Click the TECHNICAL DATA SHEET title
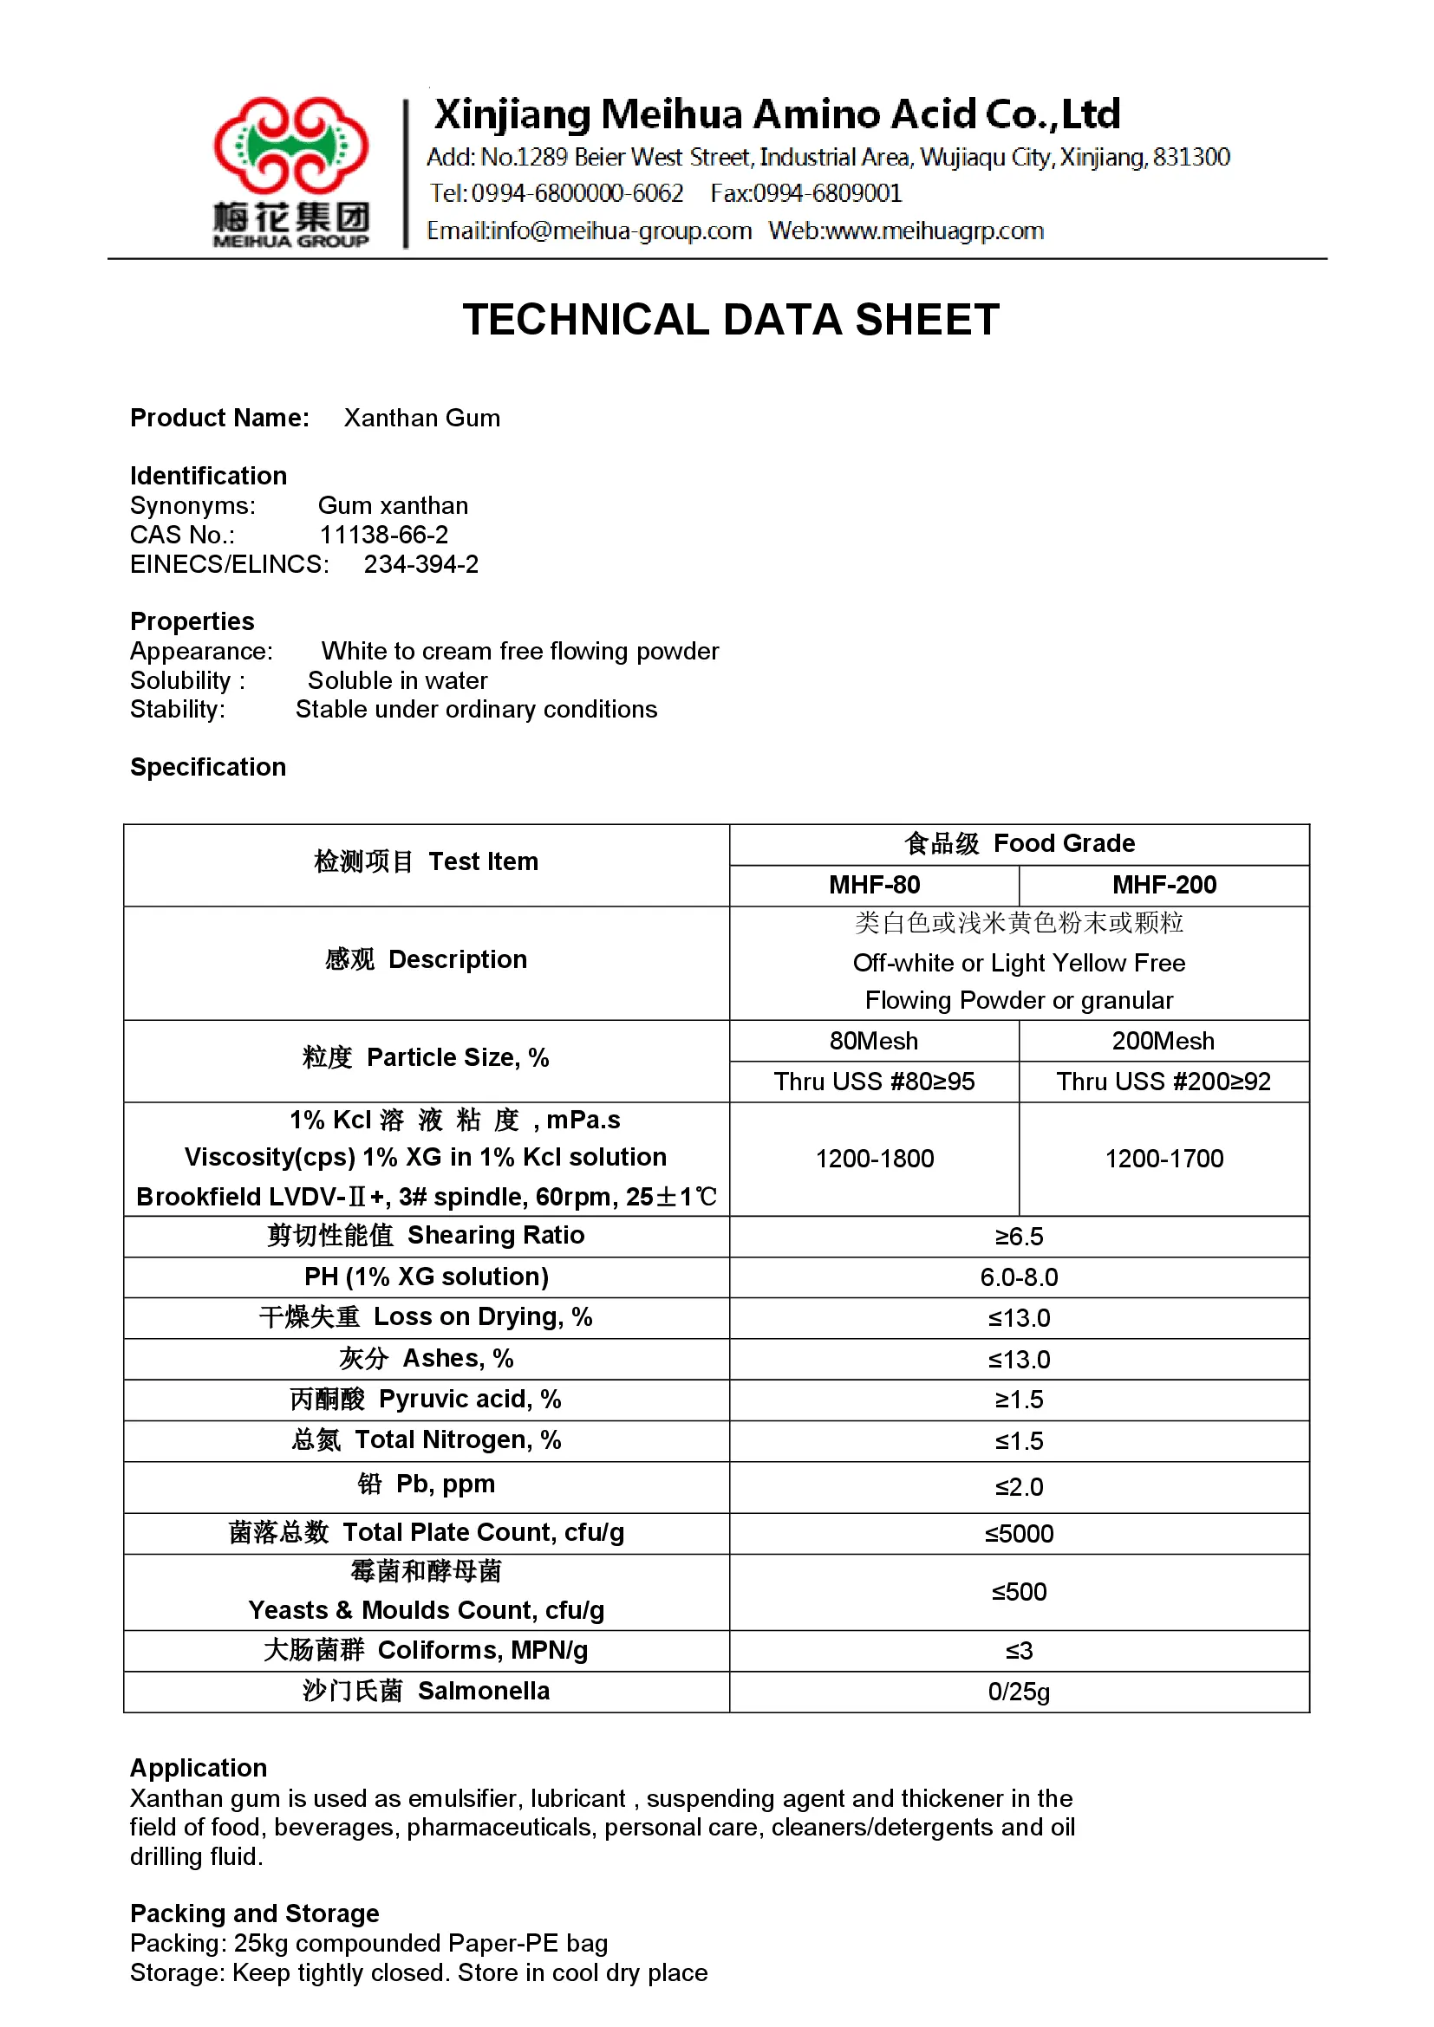(730, 320)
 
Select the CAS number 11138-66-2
(383, 535)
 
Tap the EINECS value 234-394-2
(420, 564)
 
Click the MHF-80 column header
(873, 885)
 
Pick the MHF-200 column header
(1163, 885)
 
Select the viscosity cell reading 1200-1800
(873, 1159)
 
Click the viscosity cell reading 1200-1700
(1163, 1159)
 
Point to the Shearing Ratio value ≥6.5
(1018, 1236)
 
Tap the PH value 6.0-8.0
(1018, 1277)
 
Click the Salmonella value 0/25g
(1018, 1692)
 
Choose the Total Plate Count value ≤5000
(1018, 1534)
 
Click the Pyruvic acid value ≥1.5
(1018, 1400)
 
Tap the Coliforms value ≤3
(1018, 1650)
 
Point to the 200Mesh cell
(1163, 1041)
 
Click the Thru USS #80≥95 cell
(873, 1082)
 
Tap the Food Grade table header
(1018, 844)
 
